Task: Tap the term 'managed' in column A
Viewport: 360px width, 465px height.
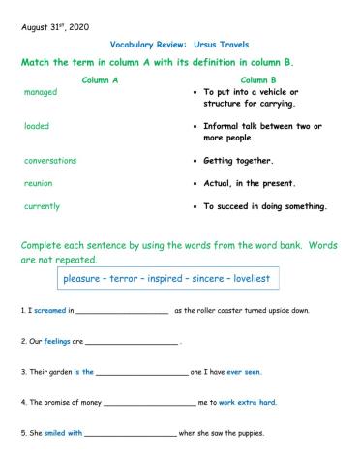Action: coord(40,92)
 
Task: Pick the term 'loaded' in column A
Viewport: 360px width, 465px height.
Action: coord(36,126)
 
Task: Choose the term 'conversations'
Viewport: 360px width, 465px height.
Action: coord(50,160)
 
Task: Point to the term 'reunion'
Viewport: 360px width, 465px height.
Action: coord(38,182)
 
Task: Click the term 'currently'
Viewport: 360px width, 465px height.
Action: coord(42,206)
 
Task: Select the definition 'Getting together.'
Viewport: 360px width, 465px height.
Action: coord(238,161)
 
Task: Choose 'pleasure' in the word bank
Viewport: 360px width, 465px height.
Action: coord(86,279)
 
